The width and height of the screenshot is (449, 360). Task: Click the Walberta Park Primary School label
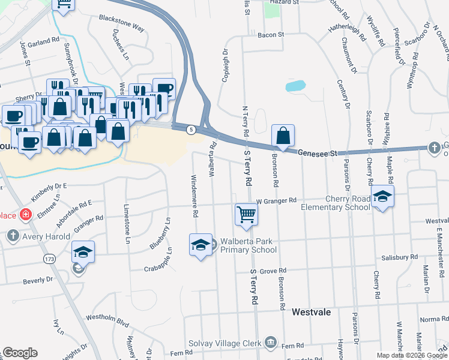(247, 246)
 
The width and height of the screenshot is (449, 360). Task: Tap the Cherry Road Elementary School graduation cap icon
(382, 197)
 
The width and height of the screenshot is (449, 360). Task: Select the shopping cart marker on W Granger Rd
(247, 214)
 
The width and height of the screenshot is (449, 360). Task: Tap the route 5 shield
(191, 130)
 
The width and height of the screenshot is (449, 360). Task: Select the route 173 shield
(49, 259)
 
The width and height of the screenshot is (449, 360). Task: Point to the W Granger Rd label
(276, 200)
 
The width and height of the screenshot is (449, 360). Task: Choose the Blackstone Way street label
(122, 23)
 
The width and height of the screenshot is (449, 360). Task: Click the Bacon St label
(270, 35)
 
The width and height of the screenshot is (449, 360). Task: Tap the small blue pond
(295, 86)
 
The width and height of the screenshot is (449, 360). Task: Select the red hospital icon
(26, 214)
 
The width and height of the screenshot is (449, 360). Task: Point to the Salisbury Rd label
(399, 257)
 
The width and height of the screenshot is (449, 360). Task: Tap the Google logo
(20, 353)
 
